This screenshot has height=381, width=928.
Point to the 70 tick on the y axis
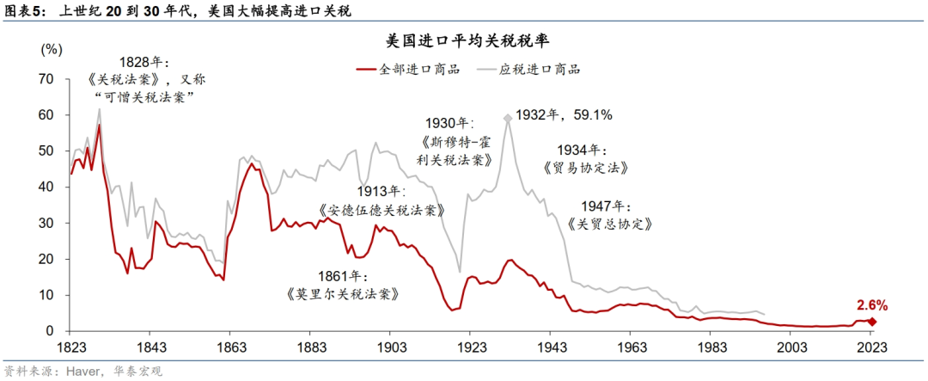point(47,79)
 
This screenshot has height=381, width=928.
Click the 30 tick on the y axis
point(47,224)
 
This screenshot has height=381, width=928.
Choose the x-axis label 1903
point(389,347)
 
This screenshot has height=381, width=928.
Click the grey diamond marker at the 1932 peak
point(508,119)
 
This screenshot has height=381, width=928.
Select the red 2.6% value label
point(871,304)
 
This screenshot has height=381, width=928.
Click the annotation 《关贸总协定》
point(611,224)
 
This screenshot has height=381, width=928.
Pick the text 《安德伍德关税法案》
point(382,210)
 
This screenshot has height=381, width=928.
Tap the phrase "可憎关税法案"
point(143,96)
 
